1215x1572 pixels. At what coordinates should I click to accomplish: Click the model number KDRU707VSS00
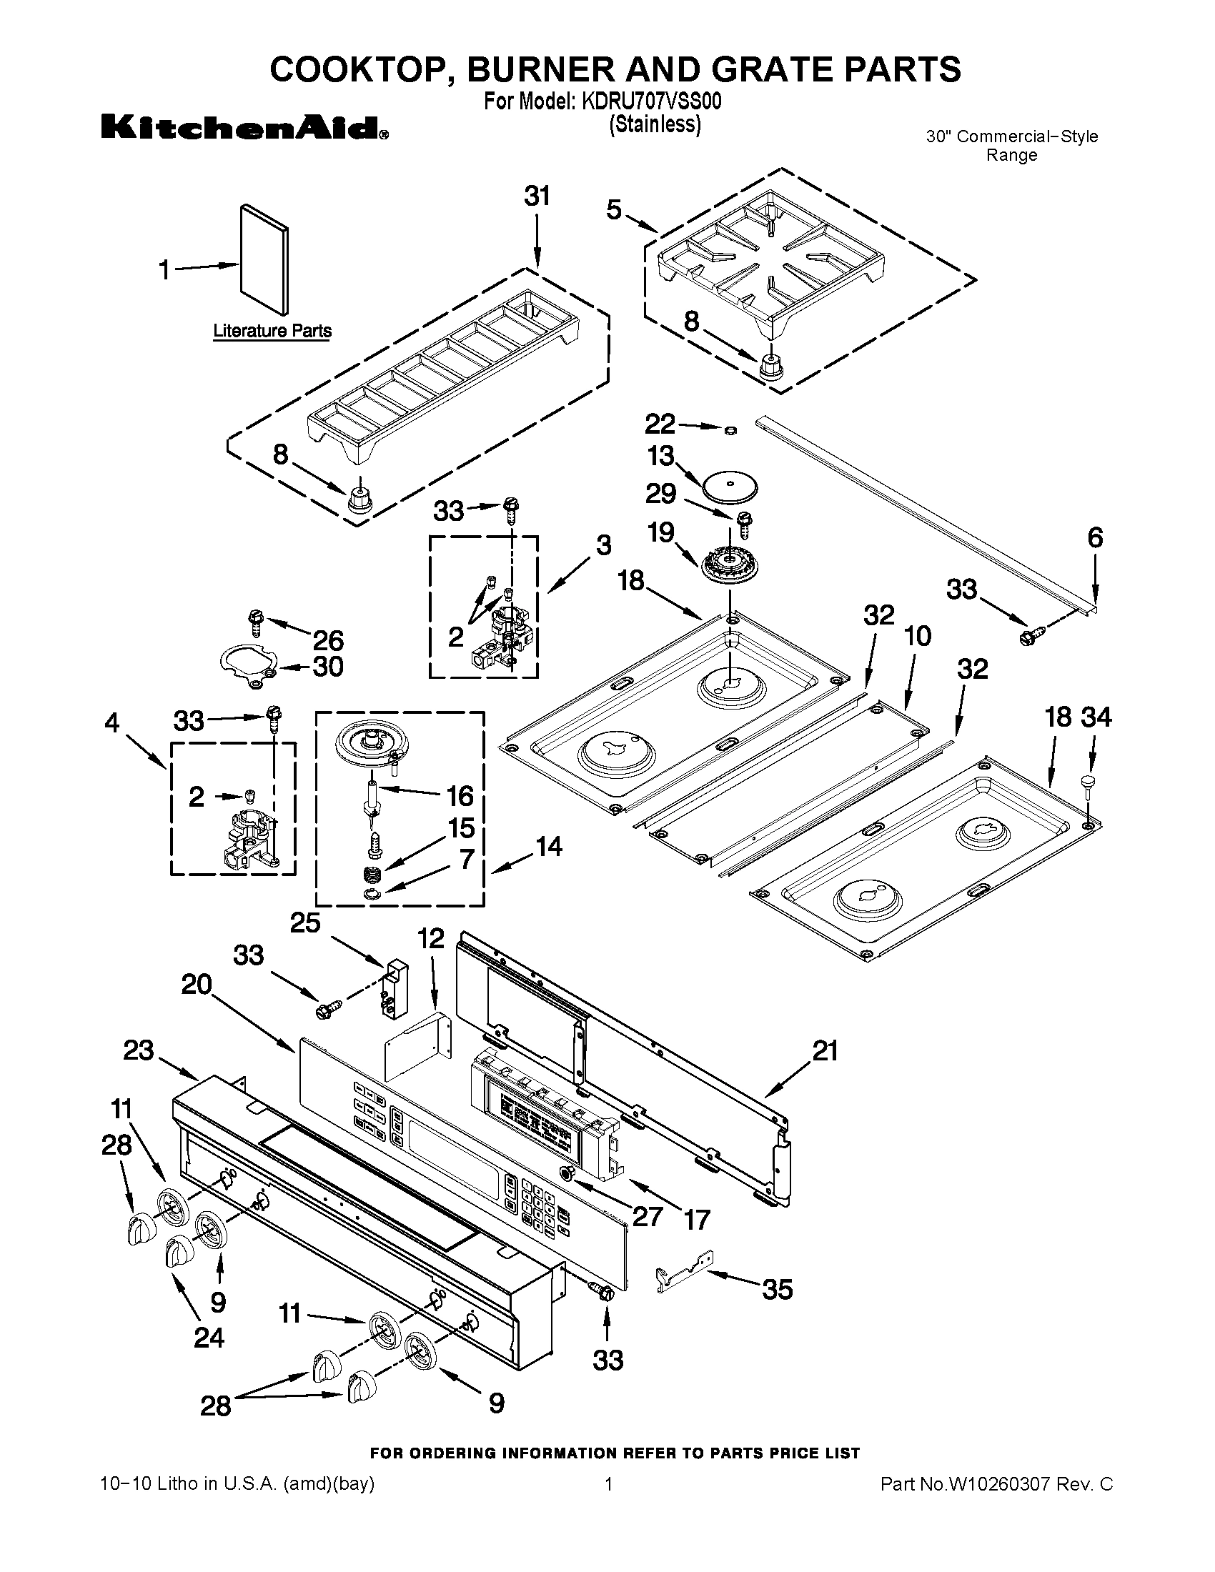click(646, 101)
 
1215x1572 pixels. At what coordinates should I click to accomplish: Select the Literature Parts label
click(272, 331)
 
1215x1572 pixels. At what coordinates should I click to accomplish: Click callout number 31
click(537, 196)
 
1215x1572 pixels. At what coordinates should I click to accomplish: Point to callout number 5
click(613, 210)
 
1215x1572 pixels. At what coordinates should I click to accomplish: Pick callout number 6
click(1094, 537)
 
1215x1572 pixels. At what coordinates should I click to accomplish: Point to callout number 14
click(549, 847)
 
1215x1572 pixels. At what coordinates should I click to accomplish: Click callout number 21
click(825, 1051)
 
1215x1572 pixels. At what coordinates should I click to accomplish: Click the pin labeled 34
click(1088, 782)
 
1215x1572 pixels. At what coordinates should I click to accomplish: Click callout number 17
click(697, 1219)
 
